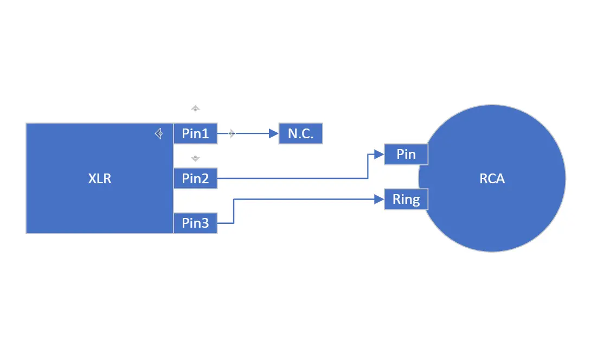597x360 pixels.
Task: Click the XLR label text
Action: coord(100,178)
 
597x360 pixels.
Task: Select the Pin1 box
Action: coord(195,133)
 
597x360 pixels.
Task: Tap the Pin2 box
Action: coord(195,178)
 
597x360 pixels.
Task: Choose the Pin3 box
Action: coord(195,223)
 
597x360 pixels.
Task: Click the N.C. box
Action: coord(300,133)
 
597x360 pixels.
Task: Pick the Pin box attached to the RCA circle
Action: coord(406,155)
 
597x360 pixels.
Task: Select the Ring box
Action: coord(406,200)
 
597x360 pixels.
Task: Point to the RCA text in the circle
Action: coord(492,178)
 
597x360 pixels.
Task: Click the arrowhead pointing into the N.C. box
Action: coord(274,133)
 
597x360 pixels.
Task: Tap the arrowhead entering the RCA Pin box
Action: coord(380,155)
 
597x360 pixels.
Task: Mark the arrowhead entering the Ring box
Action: coord(380,200)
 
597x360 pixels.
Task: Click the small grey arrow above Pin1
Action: coord(196,108)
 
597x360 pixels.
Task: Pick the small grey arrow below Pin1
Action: coord(196,158)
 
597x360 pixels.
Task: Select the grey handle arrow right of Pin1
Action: coord(232,133)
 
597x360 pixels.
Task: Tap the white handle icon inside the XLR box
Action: coord(159,133)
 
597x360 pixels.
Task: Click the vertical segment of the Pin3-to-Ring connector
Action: coord(233,211)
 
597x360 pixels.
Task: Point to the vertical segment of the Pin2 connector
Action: coord(368,166)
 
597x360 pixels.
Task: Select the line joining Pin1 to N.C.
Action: coord(252,133)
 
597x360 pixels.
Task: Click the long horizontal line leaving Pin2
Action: coord(293,178)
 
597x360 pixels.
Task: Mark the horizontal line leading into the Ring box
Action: coord(304,200)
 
